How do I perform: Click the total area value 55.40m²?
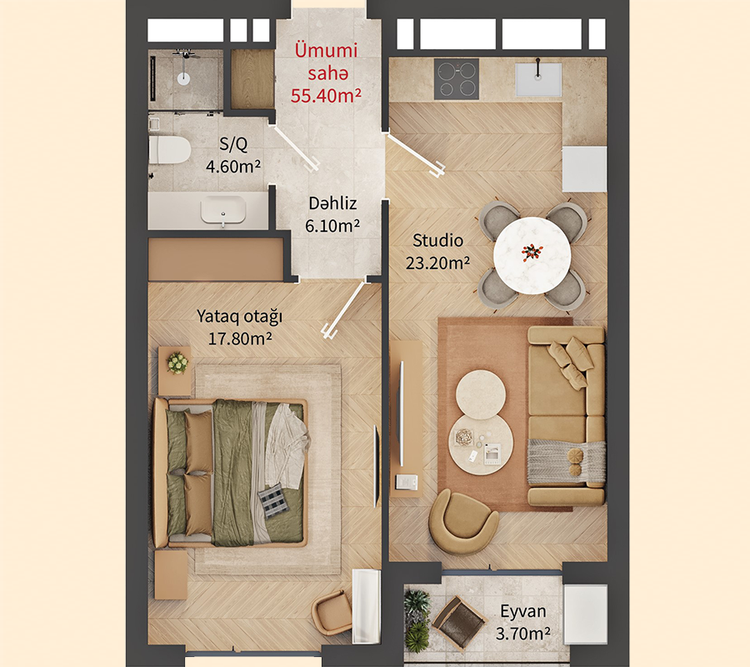[x=326, y=96]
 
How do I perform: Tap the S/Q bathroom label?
[x=233, y=143]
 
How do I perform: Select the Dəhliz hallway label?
[x=332, y=203]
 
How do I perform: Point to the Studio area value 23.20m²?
[x=437, y=263]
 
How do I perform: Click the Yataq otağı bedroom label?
[x=240, y=316]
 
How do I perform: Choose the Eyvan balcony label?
[x=522, y=611]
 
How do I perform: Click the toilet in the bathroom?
[x=169, y=150]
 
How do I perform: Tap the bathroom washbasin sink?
[x=222, y=211]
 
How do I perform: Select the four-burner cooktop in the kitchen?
[x=457, y=79]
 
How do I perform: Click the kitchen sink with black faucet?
[x=538, y=78]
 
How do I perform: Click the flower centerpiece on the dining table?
[x=532, y=252]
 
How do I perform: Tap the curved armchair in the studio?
[x=462, y=522]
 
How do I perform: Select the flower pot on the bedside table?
[x=177, y=363]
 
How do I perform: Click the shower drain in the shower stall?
[x=183, y=79]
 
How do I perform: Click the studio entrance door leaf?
[x=415, y=155]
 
